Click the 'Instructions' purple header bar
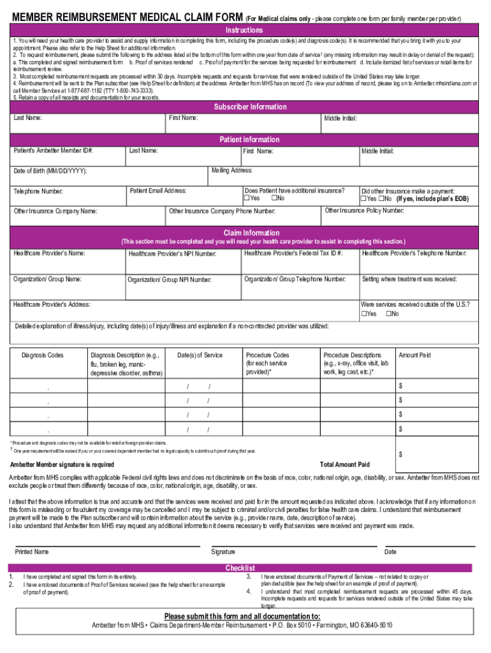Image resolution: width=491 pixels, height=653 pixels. click(244, 31)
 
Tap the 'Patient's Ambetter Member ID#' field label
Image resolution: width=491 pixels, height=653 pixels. click(54, 151)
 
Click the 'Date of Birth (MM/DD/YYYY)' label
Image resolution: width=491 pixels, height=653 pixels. click(50, 172)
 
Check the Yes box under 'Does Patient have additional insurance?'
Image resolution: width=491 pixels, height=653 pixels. click(248, 198)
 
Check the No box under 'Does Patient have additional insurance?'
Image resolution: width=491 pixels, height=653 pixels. click(274, 198)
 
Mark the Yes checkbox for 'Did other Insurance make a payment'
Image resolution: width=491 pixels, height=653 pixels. click(363, 199)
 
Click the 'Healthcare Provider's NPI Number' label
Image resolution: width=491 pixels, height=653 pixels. click(172, 254)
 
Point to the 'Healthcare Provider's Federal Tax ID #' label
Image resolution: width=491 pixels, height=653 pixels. click(293, 254)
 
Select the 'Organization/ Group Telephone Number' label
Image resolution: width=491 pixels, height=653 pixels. click(295, 279)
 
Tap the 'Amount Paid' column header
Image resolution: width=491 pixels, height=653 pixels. click(414, 355)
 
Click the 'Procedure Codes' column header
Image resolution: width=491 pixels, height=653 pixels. click(267, 355)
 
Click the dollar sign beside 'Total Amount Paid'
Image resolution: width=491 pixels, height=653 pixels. click(400, 455)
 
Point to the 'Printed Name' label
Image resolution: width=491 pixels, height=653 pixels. click(31, 552)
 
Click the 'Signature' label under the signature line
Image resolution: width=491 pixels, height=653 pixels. click(223, 552)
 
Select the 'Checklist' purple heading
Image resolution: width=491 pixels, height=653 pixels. click(240, 568)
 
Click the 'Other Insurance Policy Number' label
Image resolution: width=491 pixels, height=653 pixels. click(364, 210)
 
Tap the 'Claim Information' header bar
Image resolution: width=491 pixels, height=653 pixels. click(251, 233)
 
